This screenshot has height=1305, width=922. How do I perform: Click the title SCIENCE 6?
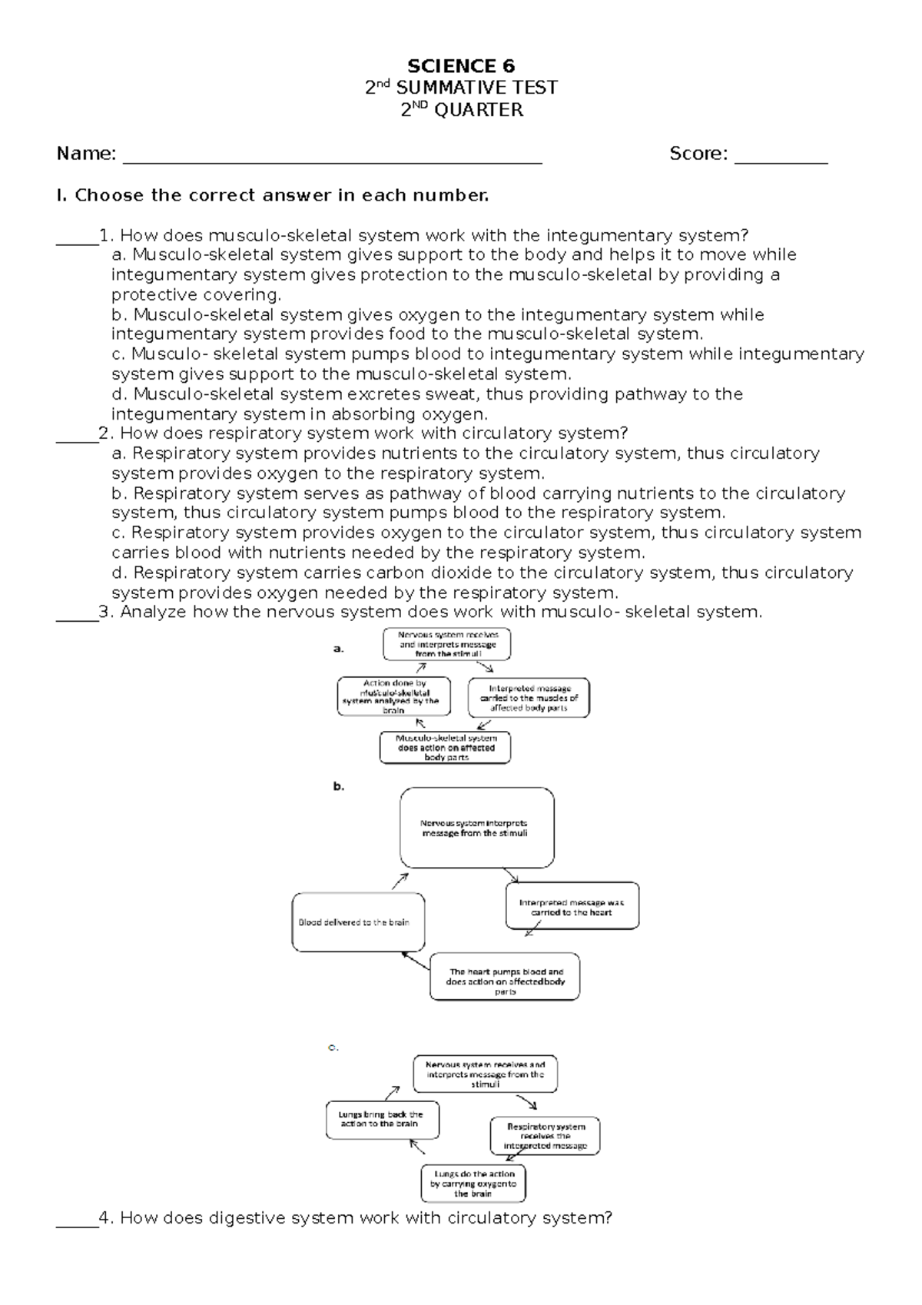pos(461,66)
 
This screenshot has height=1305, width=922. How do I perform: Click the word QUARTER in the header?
pos(479,111)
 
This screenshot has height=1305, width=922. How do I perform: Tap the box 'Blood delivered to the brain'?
pos(358,922)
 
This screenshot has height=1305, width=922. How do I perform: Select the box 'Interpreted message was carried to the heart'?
pos(572,906)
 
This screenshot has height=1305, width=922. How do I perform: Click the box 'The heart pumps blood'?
pos(505,977)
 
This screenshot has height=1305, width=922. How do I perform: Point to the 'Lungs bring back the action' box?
pos(382,1119)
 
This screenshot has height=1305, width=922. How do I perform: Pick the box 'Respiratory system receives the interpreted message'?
pos(545,1136)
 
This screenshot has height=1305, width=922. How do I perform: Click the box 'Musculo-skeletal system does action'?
pos(446,747)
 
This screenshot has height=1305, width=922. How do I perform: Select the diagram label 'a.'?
pos(338,649)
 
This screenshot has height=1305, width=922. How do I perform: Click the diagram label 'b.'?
pos(338,786)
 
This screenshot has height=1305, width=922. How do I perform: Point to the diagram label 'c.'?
pos(333,1047)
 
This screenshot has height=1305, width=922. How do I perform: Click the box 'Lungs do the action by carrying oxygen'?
pos(473,1184)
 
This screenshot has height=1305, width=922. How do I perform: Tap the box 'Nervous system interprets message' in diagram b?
pos(476,828)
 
